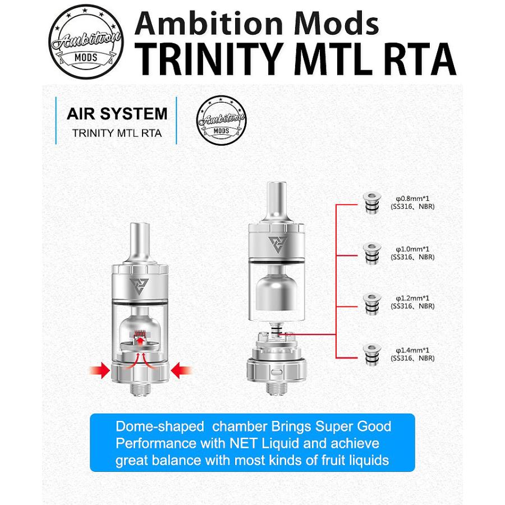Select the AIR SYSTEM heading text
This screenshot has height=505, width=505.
(117, 114)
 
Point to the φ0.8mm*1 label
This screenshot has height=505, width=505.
(412, 199)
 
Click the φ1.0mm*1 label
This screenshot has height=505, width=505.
(412, 249)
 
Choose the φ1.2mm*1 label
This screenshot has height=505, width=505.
(412, 298)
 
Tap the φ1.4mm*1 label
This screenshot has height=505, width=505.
(412, 350)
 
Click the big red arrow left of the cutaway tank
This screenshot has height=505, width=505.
(100, 370)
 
